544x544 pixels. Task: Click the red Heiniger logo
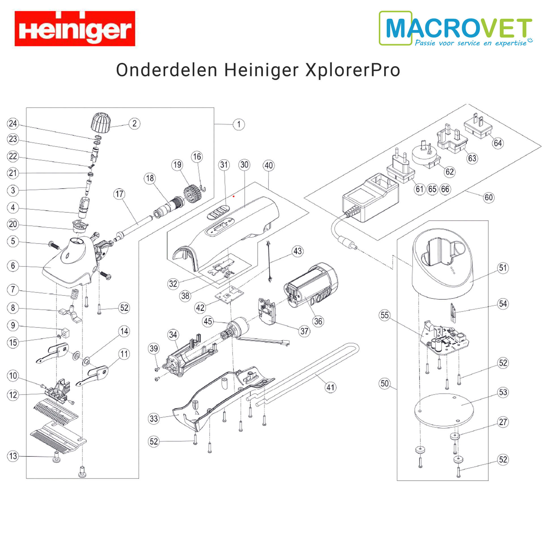75,28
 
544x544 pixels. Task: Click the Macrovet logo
456,28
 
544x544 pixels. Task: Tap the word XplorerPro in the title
353,70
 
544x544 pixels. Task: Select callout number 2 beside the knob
134,124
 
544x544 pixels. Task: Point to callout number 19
177,165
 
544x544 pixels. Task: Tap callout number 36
318,321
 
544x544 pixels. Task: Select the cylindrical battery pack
311,286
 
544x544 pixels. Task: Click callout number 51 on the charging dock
503,268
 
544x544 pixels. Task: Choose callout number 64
498,143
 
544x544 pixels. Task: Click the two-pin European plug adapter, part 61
401,165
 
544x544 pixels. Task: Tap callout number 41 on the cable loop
330,387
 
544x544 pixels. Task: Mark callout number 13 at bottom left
13,456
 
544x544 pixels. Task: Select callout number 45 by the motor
208,321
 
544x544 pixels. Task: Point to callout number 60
489,197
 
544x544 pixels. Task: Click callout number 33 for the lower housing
154,418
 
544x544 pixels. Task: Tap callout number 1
239,124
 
